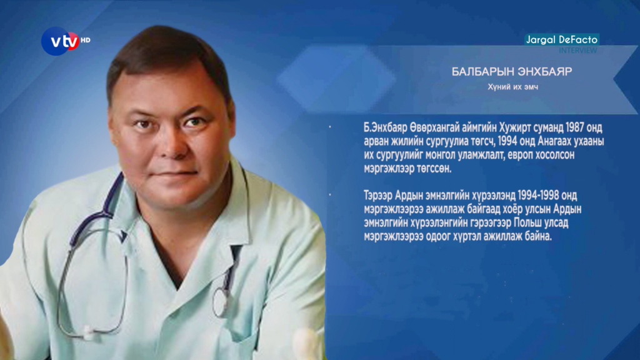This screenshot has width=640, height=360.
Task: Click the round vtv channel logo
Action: [61, 41]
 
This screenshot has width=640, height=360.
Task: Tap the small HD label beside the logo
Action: [85, 40]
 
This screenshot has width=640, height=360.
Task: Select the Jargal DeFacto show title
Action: [562, 39]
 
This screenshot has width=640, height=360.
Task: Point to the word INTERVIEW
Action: [578, 50]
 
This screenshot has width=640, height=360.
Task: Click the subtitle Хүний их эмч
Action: [512, 87]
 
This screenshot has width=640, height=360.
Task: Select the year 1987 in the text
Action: [575, 127]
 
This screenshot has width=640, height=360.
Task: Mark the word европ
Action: [520, 155]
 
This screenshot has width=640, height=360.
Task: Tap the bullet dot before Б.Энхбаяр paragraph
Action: [330, 127]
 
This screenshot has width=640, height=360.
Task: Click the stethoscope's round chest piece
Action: [221, 301]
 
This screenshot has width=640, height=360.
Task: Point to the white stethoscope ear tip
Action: [87, 332]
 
